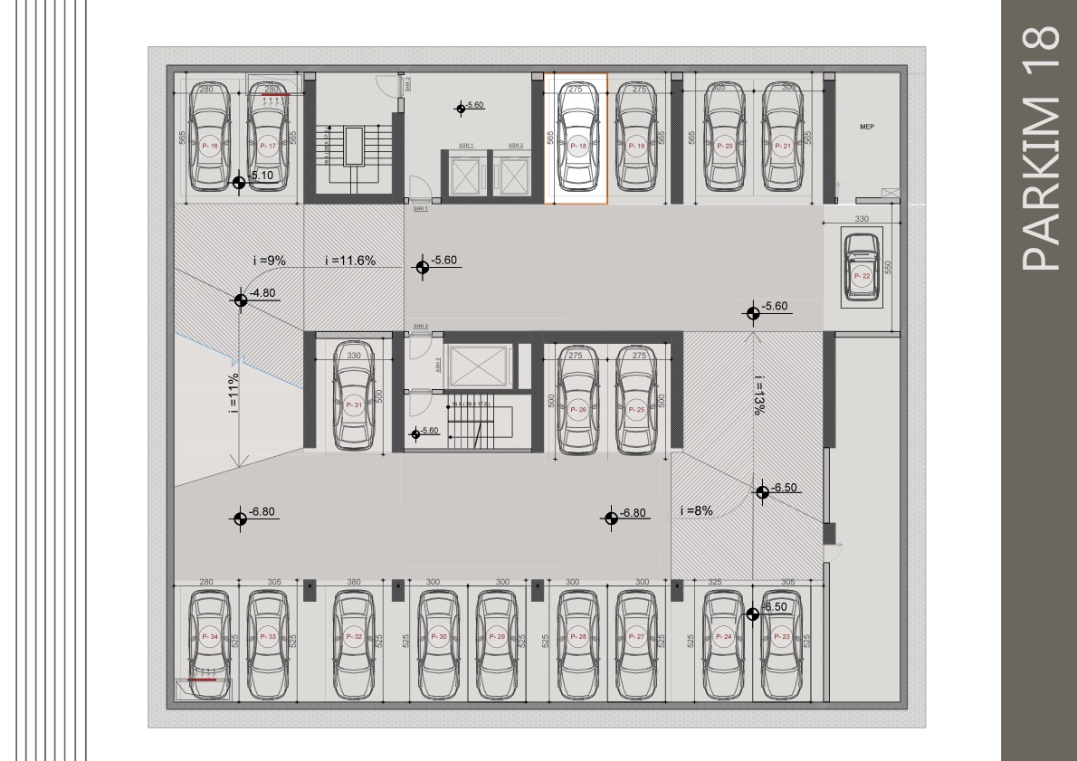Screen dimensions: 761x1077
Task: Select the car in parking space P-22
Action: (861, 267)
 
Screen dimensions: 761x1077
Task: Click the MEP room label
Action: (866, 128)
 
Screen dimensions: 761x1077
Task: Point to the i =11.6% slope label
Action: (349, 261)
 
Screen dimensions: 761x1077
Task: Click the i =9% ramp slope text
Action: (269, 261)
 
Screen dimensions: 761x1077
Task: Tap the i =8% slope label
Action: (696, 510)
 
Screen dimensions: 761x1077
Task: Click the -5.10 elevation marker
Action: (239, 182)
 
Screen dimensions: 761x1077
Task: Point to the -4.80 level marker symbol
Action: (241, 300)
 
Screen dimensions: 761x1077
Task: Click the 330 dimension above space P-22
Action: (862, 219)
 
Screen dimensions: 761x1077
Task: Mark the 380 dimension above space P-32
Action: (354, 582)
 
